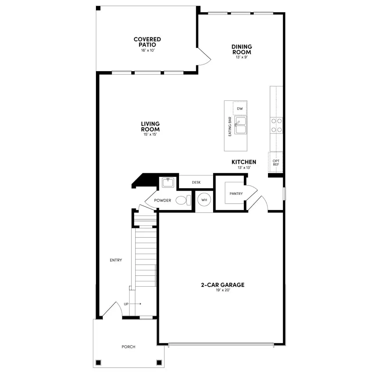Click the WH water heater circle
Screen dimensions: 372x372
coord(204,200)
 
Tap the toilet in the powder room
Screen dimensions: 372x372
coord(183,200)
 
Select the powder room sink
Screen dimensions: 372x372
coord(168,183)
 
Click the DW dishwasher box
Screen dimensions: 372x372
coord(240,109)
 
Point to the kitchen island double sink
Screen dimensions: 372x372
coord(241,125)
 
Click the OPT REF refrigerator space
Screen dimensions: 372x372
coord(276,163)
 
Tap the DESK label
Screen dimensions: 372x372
coord(196,183)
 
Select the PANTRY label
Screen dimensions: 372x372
coord(236,194)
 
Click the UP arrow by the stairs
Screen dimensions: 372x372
coord(135,304)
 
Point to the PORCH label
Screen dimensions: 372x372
coord(128,347)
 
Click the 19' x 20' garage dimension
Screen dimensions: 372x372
coord(223,290)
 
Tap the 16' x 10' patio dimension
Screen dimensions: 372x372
coord(147,50)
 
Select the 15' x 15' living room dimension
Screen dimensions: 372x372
coord(150,135)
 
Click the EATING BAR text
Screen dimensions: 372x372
coord(230,127)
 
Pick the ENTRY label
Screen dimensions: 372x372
coord(116,260)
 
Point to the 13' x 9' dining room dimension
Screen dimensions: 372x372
coord(242,57)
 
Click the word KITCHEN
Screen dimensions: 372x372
coord(244,162)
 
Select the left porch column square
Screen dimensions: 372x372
coord(98,362)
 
